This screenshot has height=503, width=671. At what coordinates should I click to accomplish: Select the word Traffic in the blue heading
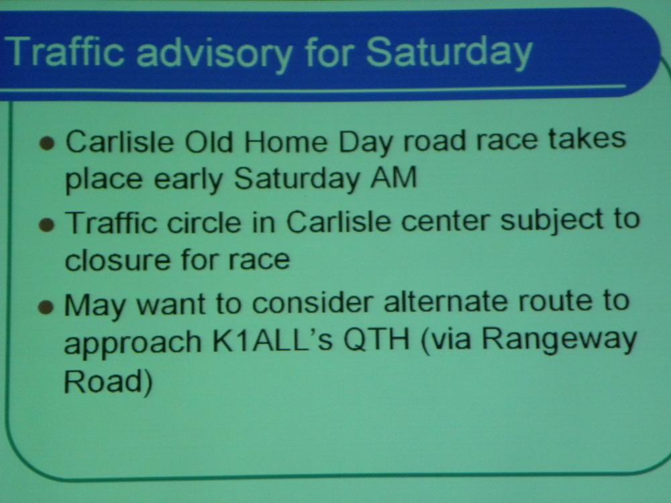[65, 51]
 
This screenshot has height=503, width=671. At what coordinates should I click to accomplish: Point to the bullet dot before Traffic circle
[47, 225]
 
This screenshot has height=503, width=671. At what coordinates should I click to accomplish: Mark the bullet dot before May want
[46, 306]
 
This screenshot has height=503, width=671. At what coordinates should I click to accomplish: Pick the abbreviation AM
[393, 178]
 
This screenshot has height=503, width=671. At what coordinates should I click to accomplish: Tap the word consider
[313, 303]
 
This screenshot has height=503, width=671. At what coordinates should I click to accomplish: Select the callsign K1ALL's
[272, 341]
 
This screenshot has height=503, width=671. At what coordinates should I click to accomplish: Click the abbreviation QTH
[376, 341]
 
